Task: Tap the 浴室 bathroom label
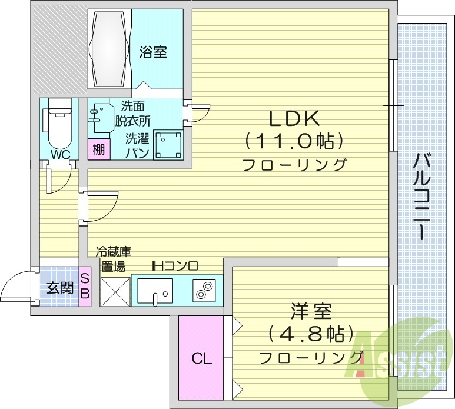pyautogui.click(x=152, y=52)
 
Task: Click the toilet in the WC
pyautogui.click(x=58, y=126)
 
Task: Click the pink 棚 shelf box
pyautogui.click(x=98, y=149)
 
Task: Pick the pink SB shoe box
pyautogui.click(x=85, y=285)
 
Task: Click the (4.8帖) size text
pyautogui.click(x=311, y=334)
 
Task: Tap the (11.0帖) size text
pyautogui.click(x=294, y=141)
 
